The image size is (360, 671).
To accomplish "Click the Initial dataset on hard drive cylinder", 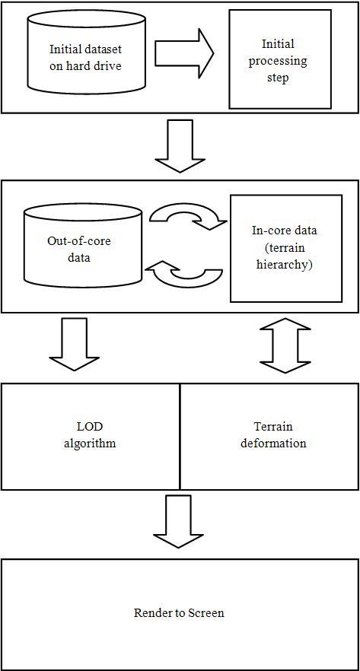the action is point(85,58).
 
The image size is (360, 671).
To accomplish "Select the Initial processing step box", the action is point(280,59).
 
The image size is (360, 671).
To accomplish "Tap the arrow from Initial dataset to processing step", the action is point(184,54).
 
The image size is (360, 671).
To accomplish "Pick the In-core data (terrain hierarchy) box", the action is point(286,248).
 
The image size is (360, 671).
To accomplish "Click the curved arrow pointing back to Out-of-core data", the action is point(184,274).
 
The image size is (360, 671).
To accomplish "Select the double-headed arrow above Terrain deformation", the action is point(285,345).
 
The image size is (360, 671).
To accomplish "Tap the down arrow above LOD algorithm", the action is point(74,344).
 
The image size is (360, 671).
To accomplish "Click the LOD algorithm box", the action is point(90,436).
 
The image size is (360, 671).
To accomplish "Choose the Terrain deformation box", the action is point(269,436).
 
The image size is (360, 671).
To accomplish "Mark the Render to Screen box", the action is point(180,614).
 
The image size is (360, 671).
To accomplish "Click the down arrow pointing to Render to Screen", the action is point(178,521).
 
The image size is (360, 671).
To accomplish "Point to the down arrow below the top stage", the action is point(180,146).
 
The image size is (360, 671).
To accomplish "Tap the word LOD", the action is point(90,427).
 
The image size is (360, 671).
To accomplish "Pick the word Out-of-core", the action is point(78,241).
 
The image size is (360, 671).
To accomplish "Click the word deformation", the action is point(273,443).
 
